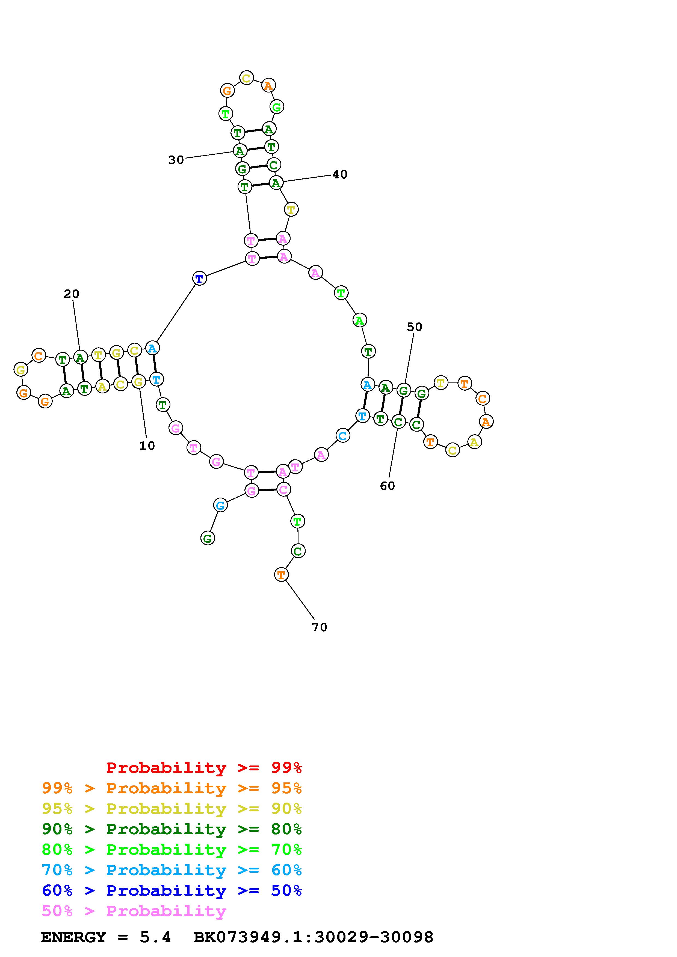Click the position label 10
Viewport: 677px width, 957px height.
pyautogui.click(x=147, y=446)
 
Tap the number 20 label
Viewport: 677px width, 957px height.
pyautogui.click(x=71, y=294)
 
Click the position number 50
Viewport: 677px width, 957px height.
pyautogui.click(x=414, y=327)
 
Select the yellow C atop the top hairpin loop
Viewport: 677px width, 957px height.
pyautogui.click(x=247, y=78)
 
